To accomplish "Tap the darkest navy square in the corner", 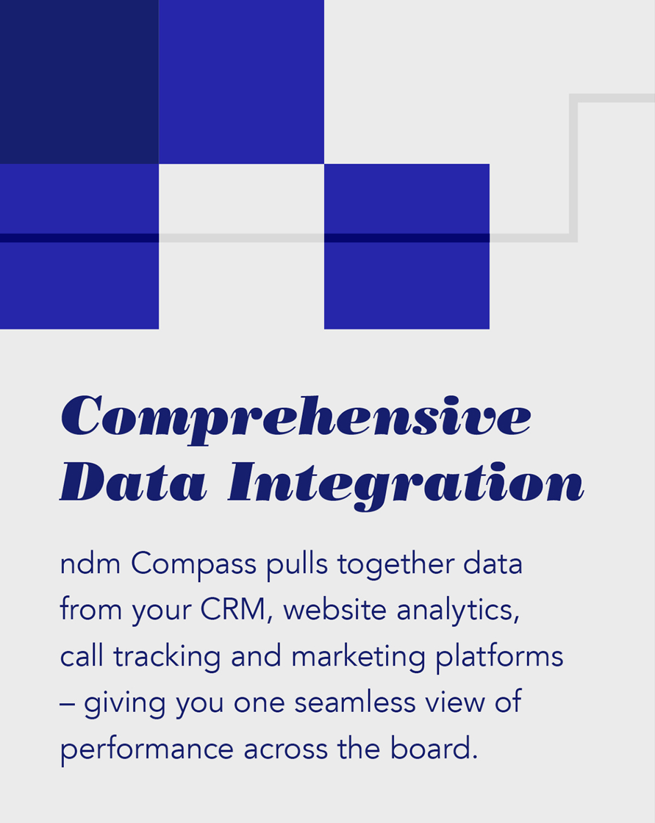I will (x=79, y=82).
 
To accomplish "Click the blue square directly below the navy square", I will (x=79, y=246).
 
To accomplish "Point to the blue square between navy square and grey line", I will (x=241, y=82).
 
